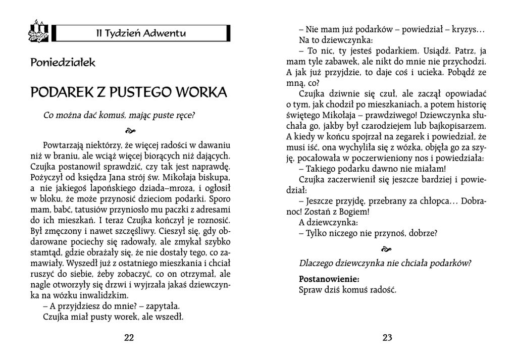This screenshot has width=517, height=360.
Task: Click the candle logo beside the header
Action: tap(39, 31)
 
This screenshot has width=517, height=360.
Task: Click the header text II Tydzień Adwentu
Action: tap(141, 33)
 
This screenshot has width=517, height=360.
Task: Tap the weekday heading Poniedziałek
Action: tap(63, 63)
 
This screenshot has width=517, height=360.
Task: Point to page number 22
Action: tap(129, 338)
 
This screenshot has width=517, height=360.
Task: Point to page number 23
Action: tap(387, 338)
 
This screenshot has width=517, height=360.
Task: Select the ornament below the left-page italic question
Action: tap(129, 130)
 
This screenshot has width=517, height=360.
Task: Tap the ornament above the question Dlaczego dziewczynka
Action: tap(387, 249)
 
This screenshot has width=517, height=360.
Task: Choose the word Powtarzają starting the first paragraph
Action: tap(66, 145)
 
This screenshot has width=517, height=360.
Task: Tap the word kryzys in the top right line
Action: tap(469, 30)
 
